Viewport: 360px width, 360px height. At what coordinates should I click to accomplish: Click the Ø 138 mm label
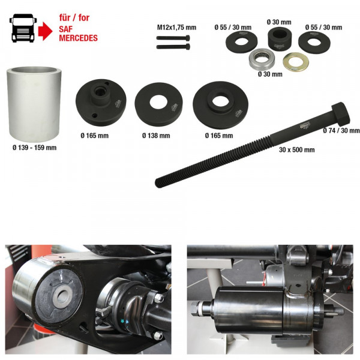[156, 136]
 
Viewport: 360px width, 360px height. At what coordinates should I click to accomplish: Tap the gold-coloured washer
[294, 61]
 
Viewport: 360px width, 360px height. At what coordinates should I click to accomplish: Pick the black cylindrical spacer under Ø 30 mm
[278, 40]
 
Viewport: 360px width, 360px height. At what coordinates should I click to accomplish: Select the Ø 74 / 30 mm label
[341, 130]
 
